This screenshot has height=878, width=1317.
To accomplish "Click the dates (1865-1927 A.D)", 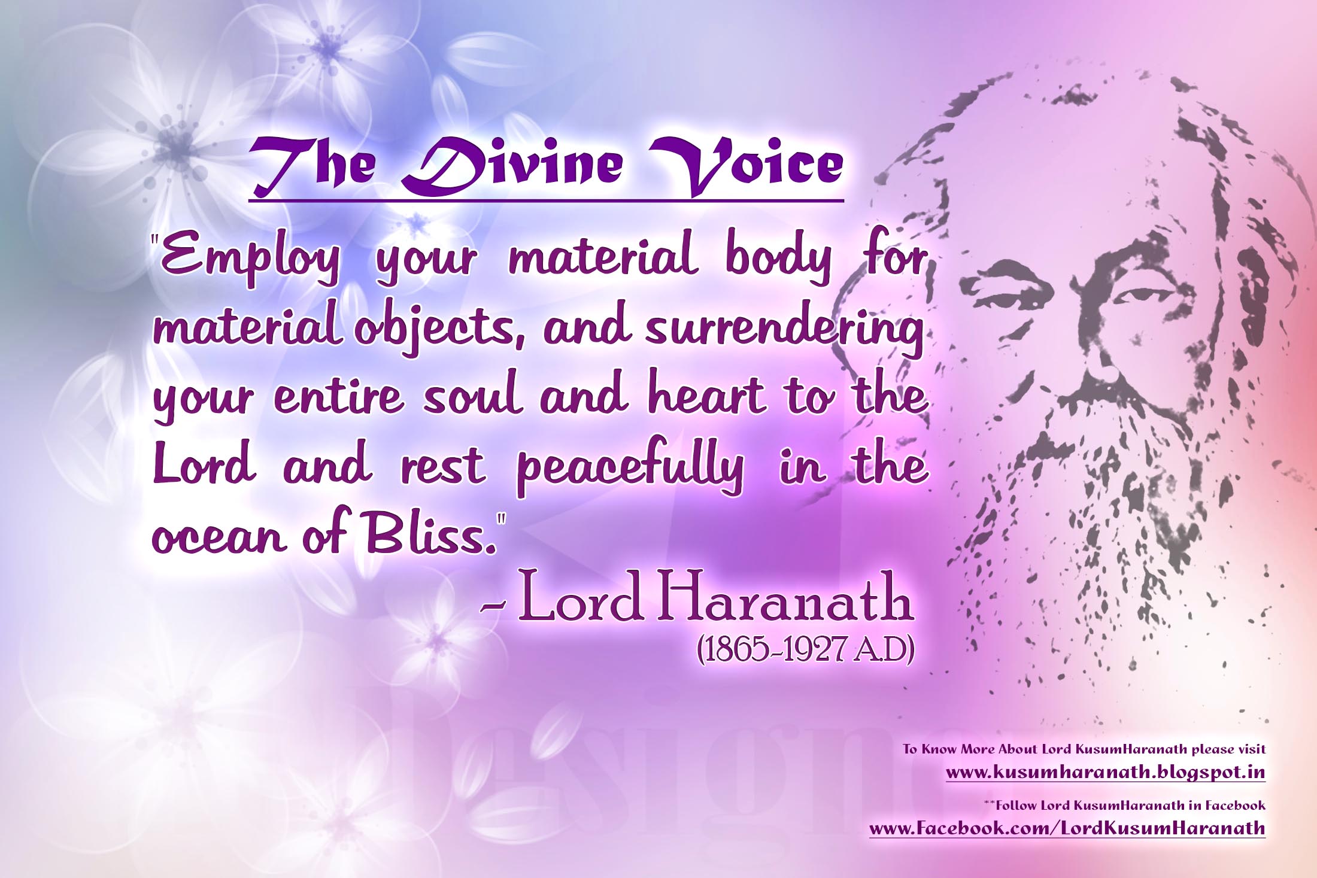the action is (x=805, y=652).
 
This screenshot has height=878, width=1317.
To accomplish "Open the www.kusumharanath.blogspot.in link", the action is (x=1105, y=772).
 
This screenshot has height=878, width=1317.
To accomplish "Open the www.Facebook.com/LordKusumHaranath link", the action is (x=1067, y=828).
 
